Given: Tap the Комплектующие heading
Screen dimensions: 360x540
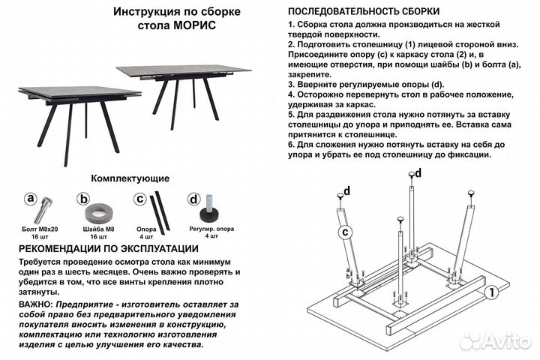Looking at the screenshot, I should (130, 178).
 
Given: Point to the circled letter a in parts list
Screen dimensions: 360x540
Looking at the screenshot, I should (31, 199).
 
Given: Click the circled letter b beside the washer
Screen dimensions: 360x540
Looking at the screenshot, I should (84, 199).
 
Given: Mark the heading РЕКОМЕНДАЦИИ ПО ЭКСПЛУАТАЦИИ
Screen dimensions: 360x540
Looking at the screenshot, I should (108, 249).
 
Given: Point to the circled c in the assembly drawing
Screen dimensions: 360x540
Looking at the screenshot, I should (345, 232).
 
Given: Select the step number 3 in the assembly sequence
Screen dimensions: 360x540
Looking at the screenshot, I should (292, 85).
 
